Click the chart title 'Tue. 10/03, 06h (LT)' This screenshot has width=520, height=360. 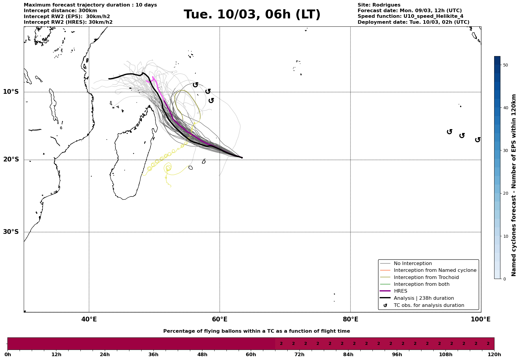252,15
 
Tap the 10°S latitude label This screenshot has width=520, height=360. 11,92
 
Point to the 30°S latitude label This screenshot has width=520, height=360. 11,232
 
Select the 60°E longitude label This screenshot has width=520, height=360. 220,320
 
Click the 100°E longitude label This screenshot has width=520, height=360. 481,320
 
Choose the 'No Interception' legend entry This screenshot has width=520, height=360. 413,264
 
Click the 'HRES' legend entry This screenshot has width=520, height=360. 400,291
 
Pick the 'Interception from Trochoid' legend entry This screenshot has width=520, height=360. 426,277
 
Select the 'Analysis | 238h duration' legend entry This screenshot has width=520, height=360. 424,298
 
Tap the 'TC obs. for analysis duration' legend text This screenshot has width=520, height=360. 429,305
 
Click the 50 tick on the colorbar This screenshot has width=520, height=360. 505,65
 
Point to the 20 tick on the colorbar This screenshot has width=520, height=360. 505,194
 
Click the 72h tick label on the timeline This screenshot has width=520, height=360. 299,355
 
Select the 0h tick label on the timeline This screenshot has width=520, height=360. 8,355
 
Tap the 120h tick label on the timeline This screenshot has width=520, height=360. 494,355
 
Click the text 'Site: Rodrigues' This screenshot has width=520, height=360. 379,5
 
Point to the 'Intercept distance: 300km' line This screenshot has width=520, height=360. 60,11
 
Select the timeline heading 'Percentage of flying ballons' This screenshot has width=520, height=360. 256,331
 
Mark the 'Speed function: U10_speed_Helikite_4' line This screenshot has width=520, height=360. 410,16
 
